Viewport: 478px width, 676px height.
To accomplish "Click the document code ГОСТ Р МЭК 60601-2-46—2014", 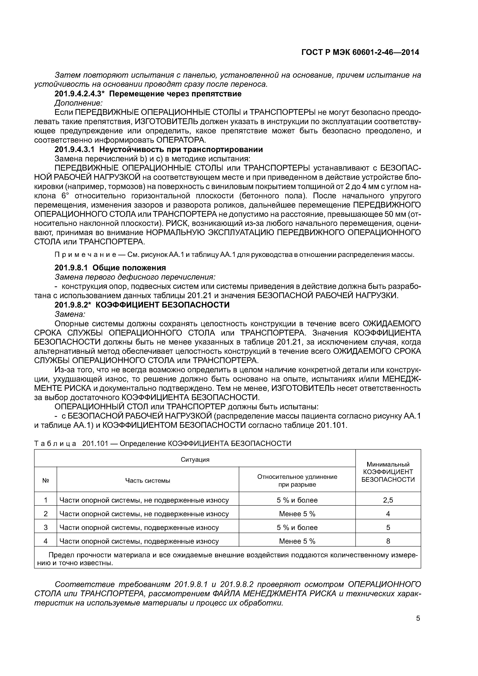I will [360, 52].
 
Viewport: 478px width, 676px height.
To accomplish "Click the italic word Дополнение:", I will [79, 103].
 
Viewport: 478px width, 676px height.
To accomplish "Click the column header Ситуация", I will [195, 460].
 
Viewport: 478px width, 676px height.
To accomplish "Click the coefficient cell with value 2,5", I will [388, 500].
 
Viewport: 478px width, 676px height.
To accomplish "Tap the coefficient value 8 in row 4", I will [388, 541].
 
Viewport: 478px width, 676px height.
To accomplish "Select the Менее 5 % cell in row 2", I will [297, 514].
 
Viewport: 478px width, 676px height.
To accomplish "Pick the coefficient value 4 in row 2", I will [388, 514].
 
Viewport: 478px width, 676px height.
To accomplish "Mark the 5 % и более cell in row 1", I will [297, 500].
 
